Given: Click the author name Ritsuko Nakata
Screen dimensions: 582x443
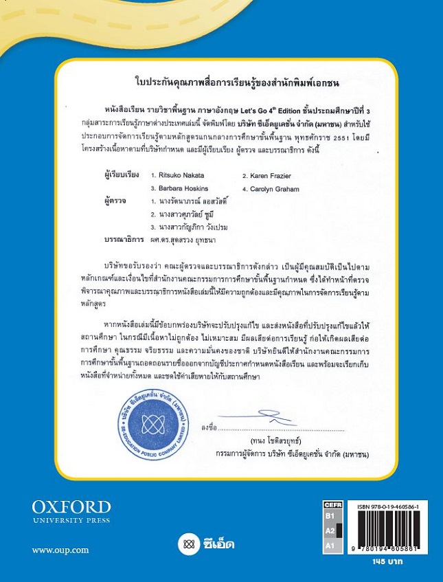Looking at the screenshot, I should click(x=180, y=176).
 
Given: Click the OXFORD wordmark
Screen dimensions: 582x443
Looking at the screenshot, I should click(x=71, y=507).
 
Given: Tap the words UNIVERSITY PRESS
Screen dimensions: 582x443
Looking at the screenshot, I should click(x=71, y=520).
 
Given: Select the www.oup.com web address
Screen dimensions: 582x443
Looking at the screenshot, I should click(x=60, y=550).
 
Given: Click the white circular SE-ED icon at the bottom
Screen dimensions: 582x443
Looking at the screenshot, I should click(x=186, y=545).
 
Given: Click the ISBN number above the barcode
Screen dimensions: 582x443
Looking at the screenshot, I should click(x=388, y=506).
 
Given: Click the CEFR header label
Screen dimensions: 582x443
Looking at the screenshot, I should click(x=332, y=504).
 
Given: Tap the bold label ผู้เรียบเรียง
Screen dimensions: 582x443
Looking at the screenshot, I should click(x=117, y=176).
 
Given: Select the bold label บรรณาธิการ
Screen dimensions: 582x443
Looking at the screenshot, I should click(x=116, y=239).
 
